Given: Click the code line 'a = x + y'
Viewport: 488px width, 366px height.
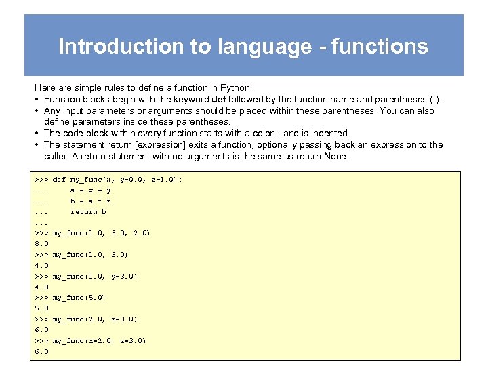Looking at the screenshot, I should coord(91,190).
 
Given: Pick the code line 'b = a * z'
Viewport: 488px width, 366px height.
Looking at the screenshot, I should coord(91,201).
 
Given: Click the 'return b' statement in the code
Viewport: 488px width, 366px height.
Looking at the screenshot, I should coord(89,212).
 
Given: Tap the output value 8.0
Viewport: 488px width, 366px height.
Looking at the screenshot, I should coord(41,244).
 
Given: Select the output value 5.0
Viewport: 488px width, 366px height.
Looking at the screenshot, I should coord(41,308).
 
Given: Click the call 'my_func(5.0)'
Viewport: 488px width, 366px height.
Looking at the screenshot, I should coord(79,298).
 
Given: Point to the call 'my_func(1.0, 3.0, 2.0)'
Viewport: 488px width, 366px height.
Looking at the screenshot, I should coord(101,233).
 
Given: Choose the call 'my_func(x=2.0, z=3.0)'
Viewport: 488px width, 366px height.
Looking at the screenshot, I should coord(99,341).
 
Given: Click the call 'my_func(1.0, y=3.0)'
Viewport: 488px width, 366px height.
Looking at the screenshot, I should coord(95,277).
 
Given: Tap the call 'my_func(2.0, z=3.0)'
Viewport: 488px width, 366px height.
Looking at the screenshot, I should coord(95,319).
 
